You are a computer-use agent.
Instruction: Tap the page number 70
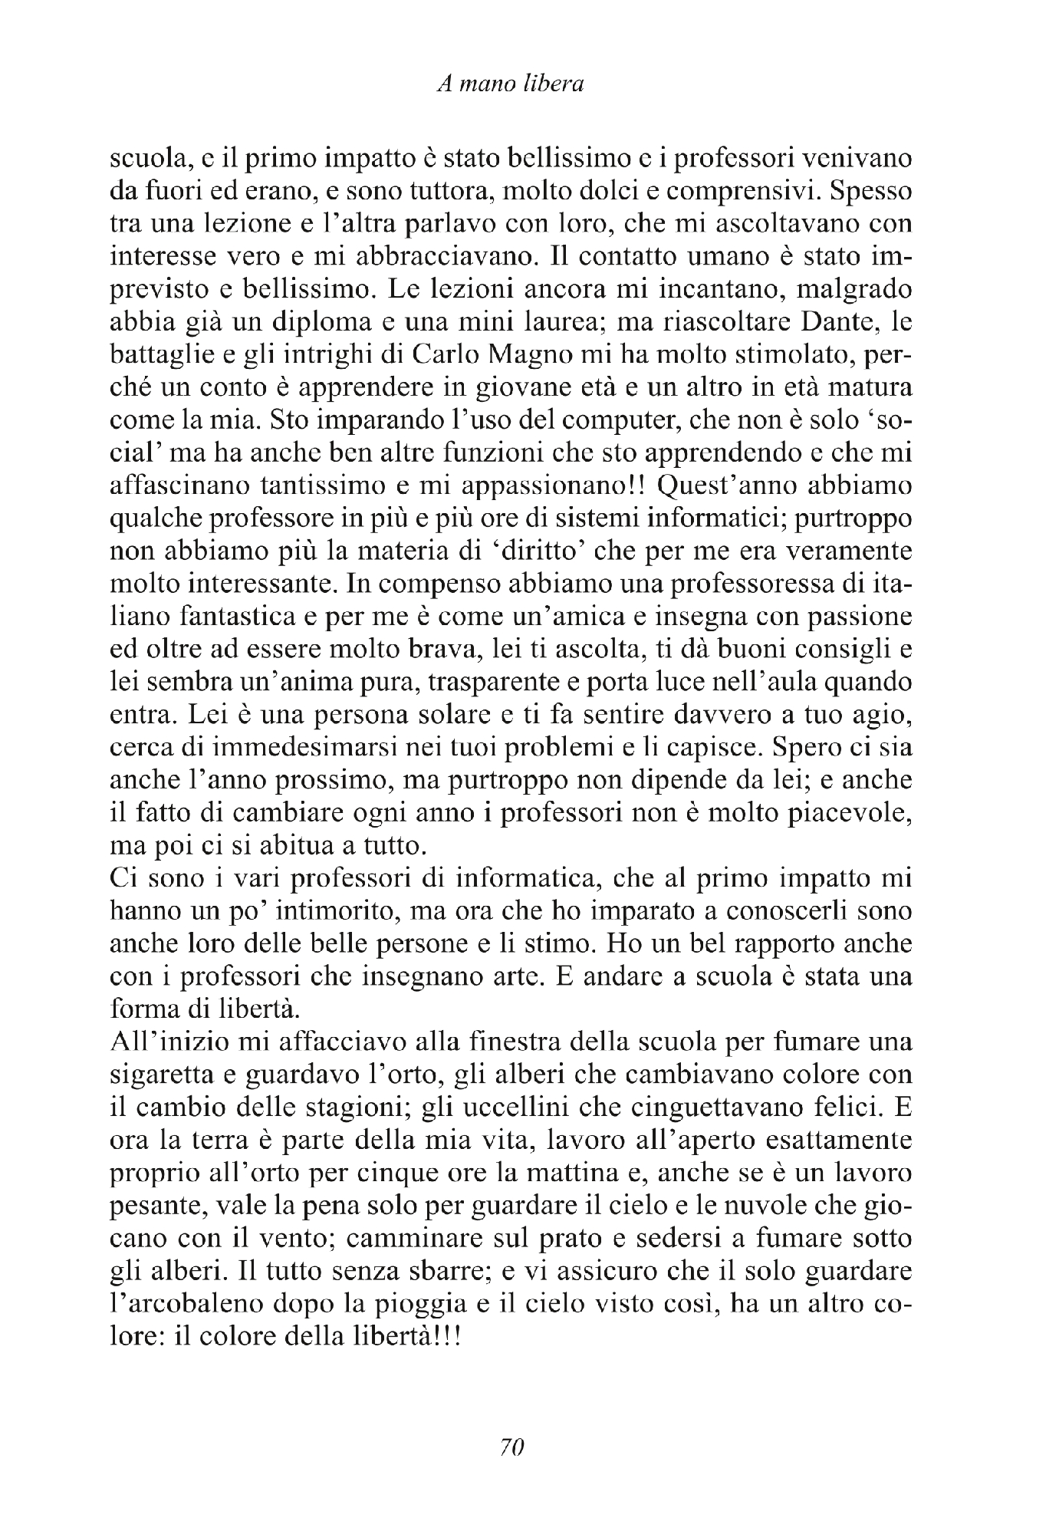point(511,1447)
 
